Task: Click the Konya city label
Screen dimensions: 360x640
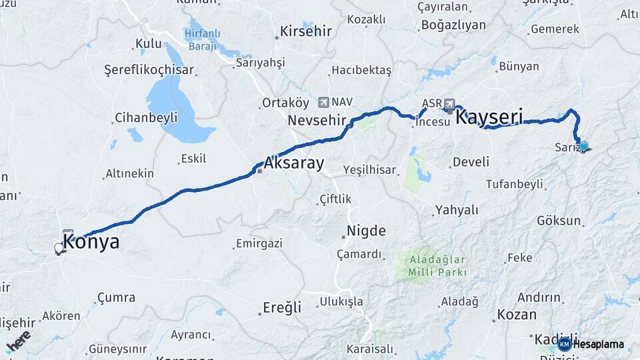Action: [92, 241]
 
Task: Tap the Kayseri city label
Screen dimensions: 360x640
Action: [489, 117]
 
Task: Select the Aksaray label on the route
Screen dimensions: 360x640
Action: [293, 163]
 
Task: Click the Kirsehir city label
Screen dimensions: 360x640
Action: [305, 31]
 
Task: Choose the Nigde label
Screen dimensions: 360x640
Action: [365, 231]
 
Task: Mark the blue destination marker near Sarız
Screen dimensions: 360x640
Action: [584, 146]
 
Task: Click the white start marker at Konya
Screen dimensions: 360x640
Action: [59, 249]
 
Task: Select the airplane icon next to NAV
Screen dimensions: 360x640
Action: [324, 102]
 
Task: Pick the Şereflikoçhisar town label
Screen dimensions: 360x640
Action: [149, 69]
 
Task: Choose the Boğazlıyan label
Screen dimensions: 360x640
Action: [453, 25]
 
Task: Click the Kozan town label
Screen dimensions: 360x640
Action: [517, 315]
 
